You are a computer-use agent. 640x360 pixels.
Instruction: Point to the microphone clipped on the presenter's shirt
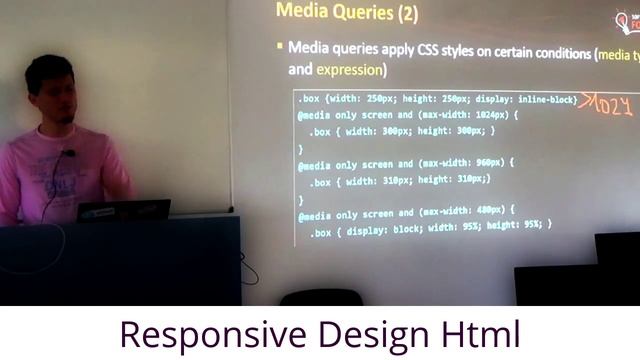(x=68, y=154)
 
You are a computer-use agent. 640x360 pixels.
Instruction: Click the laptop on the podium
(x=123, y=210)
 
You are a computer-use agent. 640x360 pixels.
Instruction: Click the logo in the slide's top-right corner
(x=626, y=21)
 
